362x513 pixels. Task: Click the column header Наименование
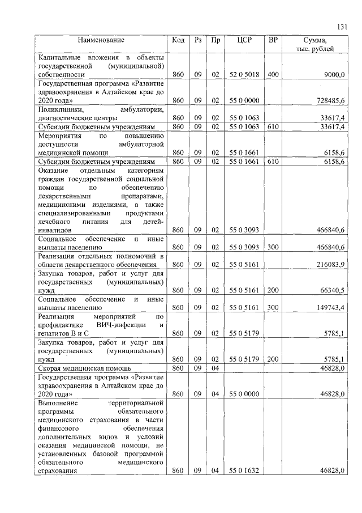(x=101, y=41)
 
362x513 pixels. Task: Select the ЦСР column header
(x=244, y=41)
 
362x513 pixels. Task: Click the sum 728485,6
(x=331, y=100)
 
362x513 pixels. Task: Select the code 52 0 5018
(x=244, y=75)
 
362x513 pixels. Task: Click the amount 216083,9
(x=331, y=265)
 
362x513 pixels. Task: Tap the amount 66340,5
(x=333, y=290)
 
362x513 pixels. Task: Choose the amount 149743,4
(x=331, y=307)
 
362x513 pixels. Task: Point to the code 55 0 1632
(x=244, y=469)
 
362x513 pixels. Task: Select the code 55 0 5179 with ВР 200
(x=244, y=359)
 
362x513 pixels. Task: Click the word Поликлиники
(x=61, y=109)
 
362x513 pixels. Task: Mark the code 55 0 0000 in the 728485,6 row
(x=244, y=100)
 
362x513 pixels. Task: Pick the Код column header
(x=178, y=41)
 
